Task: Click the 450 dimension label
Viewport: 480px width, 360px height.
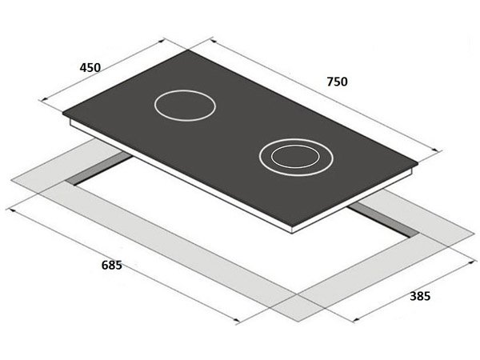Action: [x=90, y=68]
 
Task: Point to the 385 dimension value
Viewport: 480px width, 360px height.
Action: [x=419, y=296]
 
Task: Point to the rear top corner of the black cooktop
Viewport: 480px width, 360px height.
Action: [x=190, y=50]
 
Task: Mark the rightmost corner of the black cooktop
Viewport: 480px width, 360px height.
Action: [x=418, y=164]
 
